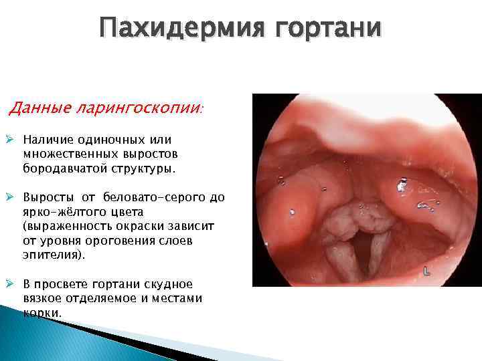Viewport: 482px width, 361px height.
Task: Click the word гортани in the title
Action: pos(334,29)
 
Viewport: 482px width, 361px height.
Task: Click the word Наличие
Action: pos(48,140)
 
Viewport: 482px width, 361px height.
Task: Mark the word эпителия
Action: pos(49,256)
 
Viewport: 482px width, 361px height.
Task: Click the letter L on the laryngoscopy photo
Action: pos(427,271)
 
